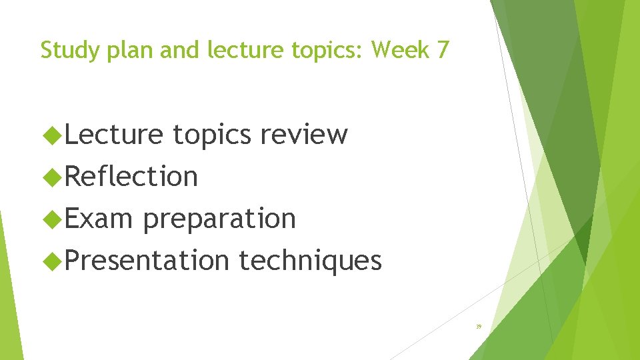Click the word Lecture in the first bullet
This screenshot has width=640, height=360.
click(114, 135)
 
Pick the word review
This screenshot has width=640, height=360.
click(304, 135)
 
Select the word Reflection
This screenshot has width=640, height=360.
click(131, 177)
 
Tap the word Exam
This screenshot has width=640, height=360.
click(99, 218)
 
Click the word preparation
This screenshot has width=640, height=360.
click(219, 219)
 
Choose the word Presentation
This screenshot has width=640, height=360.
click(147, 260)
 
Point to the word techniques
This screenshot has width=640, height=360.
click(311, 261)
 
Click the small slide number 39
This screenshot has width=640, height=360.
click(478, 327)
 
